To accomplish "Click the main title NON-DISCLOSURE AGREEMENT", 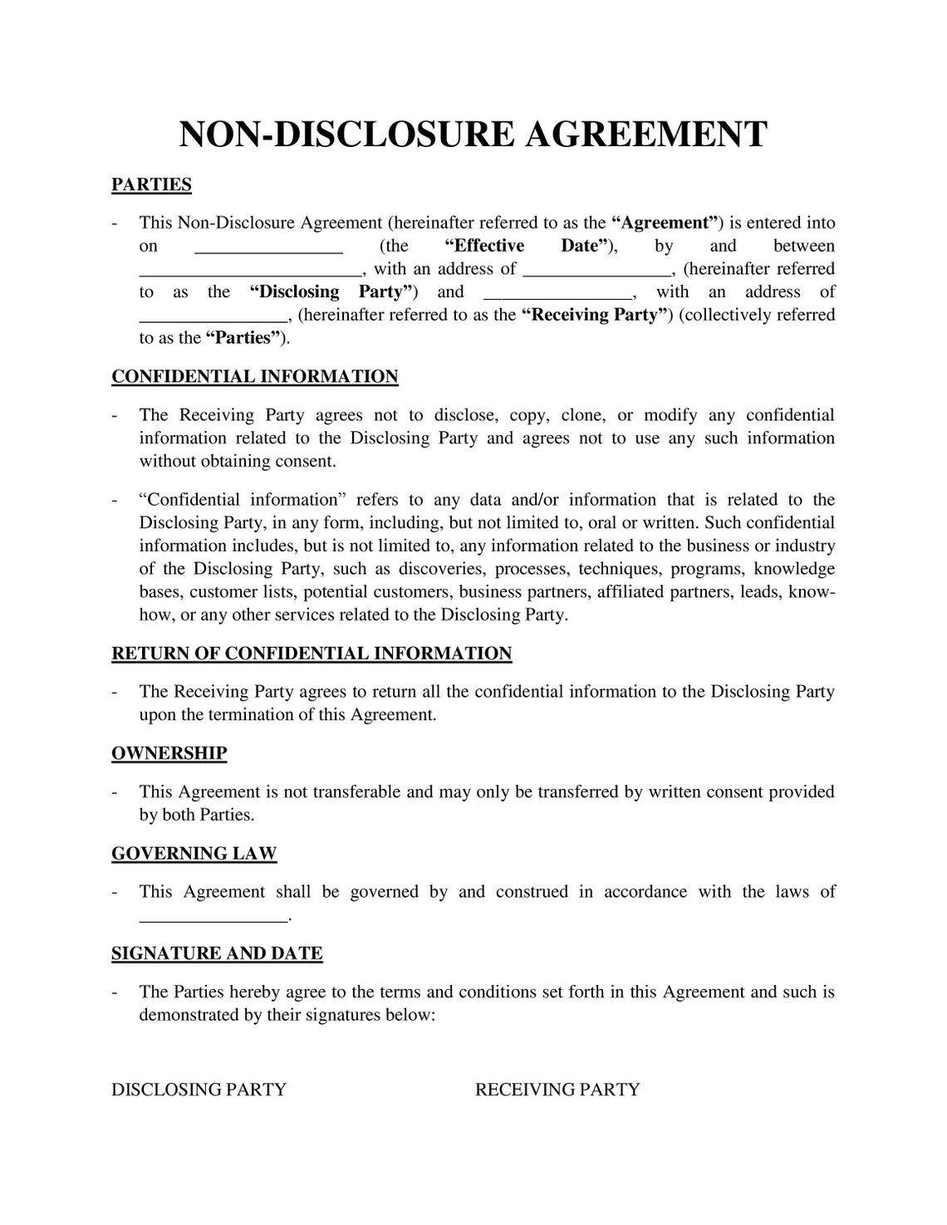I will [x=473, y=135].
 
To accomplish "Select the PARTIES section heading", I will [x=151, y=184].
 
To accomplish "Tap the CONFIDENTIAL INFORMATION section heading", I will [x=255, y=377].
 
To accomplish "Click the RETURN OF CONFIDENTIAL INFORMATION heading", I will [x=312, y=654].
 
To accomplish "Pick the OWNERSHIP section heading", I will [x=169, y=753].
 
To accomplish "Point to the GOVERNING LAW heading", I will [x=194, y=854].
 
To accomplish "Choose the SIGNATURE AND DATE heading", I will [x=217, y=953].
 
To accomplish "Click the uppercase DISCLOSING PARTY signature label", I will [x=199, y=1090].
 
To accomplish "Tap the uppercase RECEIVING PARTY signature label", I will [x=557, y=1090].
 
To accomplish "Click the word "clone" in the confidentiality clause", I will [x=581, y=415].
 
